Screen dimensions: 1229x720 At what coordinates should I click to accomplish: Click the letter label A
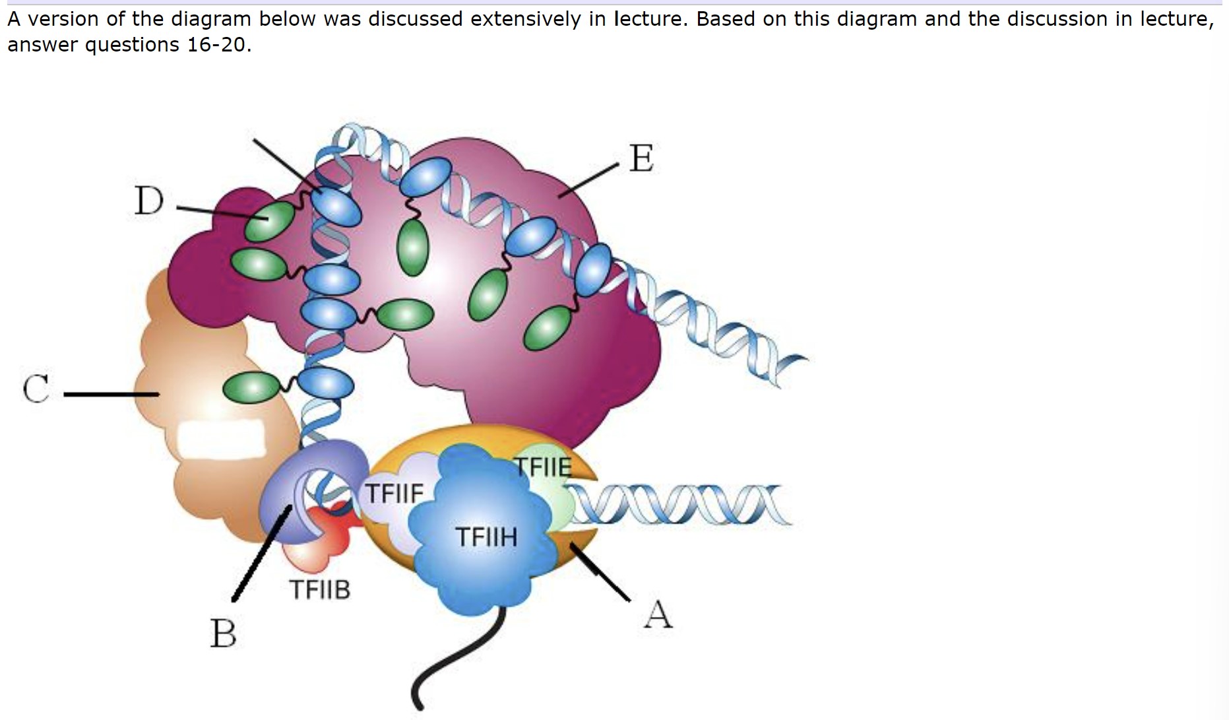[658, 614]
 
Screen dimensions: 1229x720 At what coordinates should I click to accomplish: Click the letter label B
[223, 633]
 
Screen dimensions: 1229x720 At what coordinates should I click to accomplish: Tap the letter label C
[36, 389]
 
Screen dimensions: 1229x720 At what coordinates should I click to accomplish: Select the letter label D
[149, 201]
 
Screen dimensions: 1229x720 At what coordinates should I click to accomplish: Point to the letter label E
[641, 159]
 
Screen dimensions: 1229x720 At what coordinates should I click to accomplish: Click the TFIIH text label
[487, 537]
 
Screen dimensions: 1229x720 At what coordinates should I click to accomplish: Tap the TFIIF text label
[394, 493]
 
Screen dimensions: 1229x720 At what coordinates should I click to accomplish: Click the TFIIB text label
[320, 589]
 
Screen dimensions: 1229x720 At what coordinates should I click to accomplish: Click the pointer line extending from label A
[600, 572]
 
